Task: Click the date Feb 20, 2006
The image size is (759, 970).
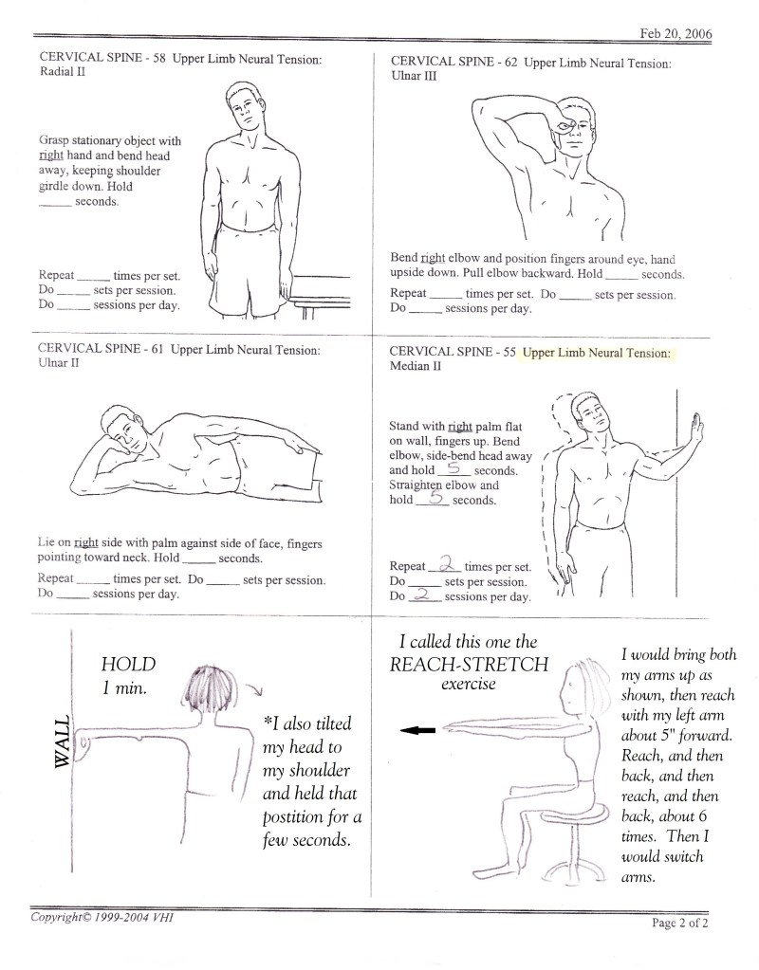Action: tap(676, 34)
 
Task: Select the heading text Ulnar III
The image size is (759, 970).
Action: tap(413, 78)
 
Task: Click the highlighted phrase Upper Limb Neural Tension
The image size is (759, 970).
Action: tap(596, 352)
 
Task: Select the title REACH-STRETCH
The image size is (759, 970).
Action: tap(469, 664)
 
